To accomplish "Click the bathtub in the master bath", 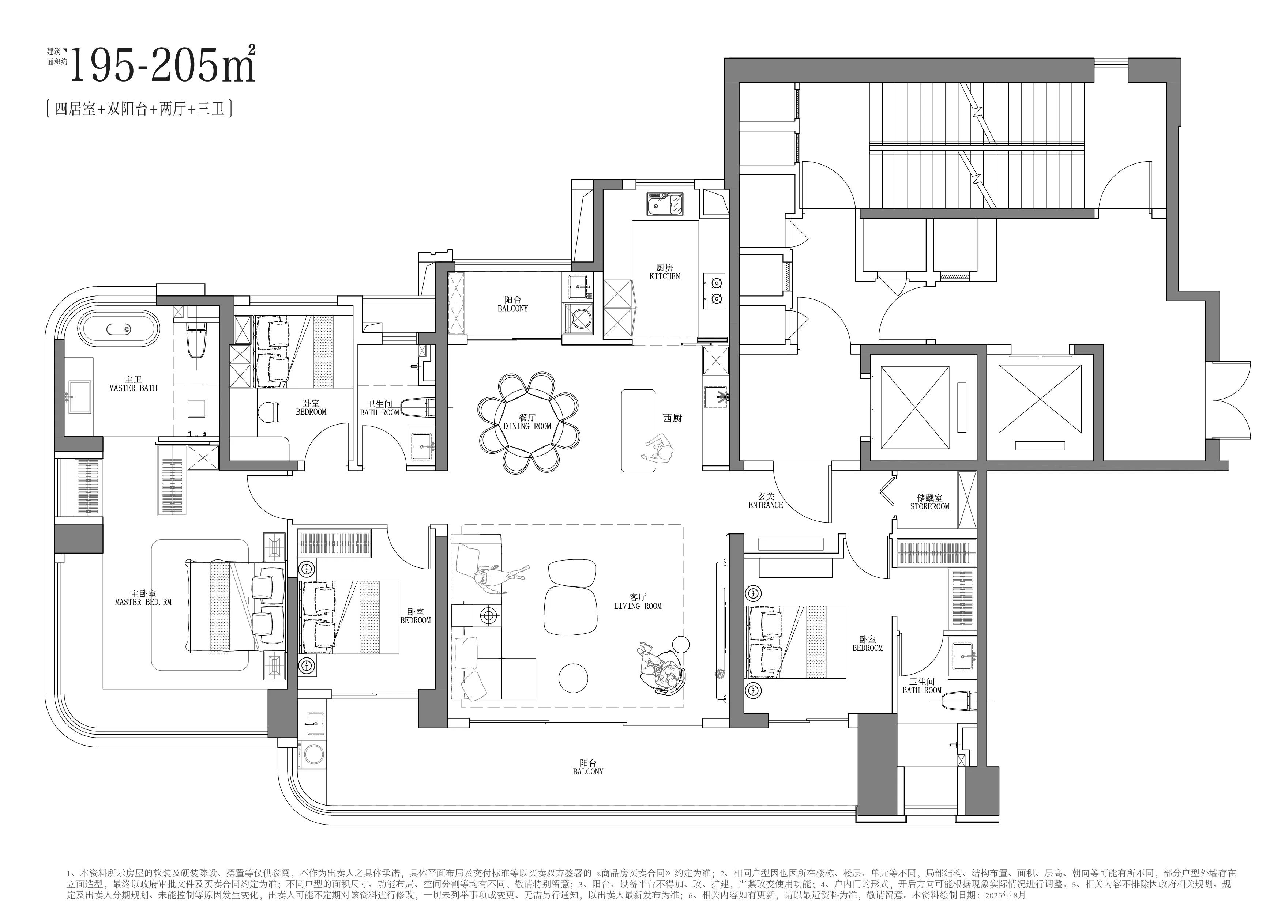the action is click(x=119, y=329).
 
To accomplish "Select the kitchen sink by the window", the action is click(x=666, y=204).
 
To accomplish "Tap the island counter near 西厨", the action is click(x=638, y=431).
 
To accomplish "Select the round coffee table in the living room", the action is click(x=573, y=678).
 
